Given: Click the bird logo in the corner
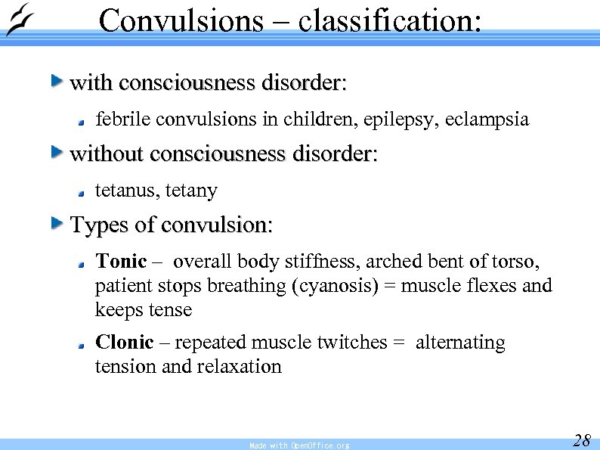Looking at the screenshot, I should (x=18, y=20).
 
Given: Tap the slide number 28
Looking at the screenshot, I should (x=581, y=440).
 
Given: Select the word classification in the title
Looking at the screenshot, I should (x=388, y=20).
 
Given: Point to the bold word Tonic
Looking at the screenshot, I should (x=121, y=262).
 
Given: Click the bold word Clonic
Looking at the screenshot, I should (x=124, y=343).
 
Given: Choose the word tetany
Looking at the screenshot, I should (x=191, y=191).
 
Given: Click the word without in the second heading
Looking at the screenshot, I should (x=107, y=154).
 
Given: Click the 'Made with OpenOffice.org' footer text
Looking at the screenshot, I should (x=299, y=445).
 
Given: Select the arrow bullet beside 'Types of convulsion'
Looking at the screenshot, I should (x=57, y=222).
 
